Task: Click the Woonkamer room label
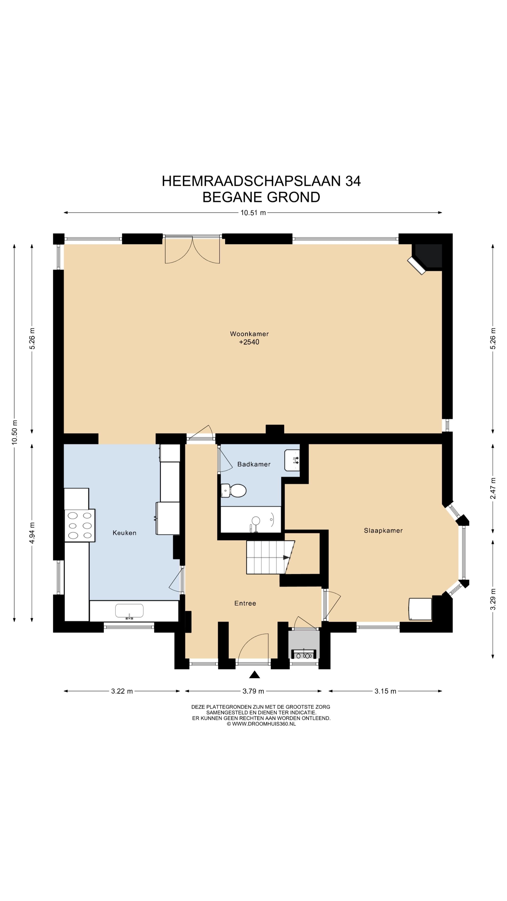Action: [x=249, y=334]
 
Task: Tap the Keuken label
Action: [x=124, y=533]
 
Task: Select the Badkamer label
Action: [x=254, y=464]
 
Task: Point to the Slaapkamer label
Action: [x=383, y=531]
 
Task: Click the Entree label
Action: [x=245, y=603]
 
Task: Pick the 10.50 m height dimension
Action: [x=14, y=432]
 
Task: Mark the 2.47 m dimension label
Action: [x=493, y=489]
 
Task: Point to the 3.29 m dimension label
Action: [x=493, y=599]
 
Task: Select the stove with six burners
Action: [x=80, y=525]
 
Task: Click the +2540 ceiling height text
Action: [x=249, y=342]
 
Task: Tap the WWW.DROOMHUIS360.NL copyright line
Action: [x=261, y=724]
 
